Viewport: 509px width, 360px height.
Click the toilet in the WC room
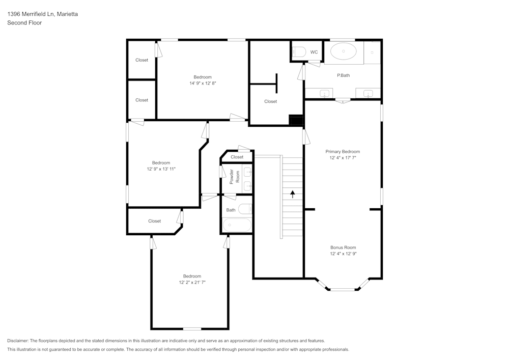pyautogui.click(x=298, y=51)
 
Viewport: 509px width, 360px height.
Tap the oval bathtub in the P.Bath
pyautogui.click(x=344, y=52)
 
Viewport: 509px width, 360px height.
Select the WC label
pyautogui.click(x=314, y=52)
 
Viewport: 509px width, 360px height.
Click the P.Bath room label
pyautogui.click(x=344, y=75)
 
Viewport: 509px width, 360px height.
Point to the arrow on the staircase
pyautogui.click(x=293, y=193)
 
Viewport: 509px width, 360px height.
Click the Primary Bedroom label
pyautogui.click(x=343, y=152)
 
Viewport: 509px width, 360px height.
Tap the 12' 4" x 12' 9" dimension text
pyautogui.click(x=343, y=254)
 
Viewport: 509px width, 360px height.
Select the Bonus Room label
pyautogui.click(x=343, y=247)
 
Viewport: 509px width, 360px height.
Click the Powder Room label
pyautogui.click(x=234, y=176)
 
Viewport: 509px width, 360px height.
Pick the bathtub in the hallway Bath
pyautogui.click(x=237, y=225)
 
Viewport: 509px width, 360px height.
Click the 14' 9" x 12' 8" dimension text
pyautogui.click(x=202, y=84)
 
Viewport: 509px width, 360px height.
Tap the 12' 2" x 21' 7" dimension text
pyautogui.click(x=192, y=282)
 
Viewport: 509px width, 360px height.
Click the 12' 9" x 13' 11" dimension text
pyautogui.click(x=161, y=169)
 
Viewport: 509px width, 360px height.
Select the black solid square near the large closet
pyautogui.click(x=296, y=120)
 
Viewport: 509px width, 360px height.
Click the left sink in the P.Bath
pyautogui.click(x=324, y=93)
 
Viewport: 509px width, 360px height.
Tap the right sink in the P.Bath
pyautogui.click(x=368, y=93)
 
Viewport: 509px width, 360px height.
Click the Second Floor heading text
pyautogui.click(x=24, y=23)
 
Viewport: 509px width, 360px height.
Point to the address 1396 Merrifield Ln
pyautogui.click(x=31, y=14)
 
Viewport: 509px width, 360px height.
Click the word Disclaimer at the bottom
pyautogui.click(x=18, y=341)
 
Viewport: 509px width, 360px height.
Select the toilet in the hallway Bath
pyautogui.click(x=245, y=209)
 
